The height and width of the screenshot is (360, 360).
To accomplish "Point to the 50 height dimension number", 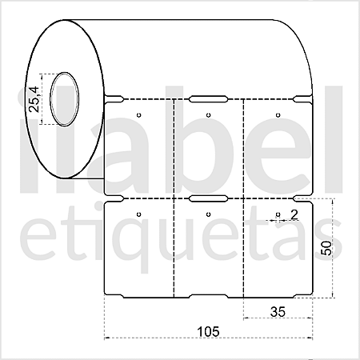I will (326, 247).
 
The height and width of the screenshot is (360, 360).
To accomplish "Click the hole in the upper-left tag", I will (139, 115).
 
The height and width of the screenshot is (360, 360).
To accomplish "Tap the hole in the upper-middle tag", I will (208, 115).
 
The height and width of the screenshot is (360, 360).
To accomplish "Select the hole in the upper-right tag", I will (277, 115).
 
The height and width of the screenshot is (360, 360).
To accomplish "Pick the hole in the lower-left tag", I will (139, 214).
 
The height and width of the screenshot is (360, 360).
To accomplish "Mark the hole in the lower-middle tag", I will (208, 214).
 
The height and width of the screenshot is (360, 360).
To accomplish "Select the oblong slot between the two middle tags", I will (208, 197).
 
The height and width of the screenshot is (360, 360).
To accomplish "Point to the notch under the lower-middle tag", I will (208, 297).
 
